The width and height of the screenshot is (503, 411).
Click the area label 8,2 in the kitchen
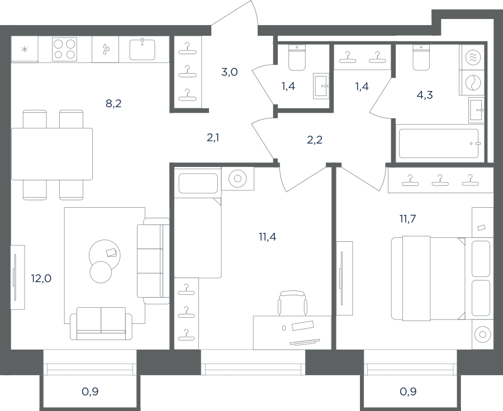(113, 103)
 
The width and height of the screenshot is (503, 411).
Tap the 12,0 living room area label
(41, 278)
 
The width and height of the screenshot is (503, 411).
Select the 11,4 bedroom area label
(267, 237)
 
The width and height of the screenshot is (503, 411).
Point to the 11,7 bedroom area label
(407, 219)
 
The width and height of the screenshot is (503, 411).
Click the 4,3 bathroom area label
(425, 95)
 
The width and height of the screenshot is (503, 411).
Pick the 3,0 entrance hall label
(229, 72)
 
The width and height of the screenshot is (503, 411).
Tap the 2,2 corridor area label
(314, 140)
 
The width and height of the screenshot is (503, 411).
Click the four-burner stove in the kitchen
(64, 49)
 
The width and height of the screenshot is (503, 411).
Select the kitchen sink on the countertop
(142, 49)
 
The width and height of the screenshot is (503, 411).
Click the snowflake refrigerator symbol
(25, 49)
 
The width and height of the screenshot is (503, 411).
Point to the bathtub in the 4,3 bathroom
(439, 144)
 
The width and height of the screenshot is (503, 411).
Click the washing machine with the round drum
(472, 83)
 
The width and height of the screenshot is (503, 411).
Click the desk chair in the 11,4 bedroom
(292, 303)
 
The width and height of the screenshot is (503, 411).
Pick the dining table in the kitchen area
(52, 154)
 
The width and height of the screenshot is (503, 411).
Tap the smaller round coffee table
(101, 272)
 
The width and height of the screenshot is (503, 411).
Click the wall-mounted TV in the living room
(15, 278)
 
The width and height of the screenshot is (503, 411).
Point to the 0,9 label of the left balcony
(90, 391)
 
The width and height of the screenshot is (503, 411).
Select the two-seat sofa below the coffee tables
(101, 323)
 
